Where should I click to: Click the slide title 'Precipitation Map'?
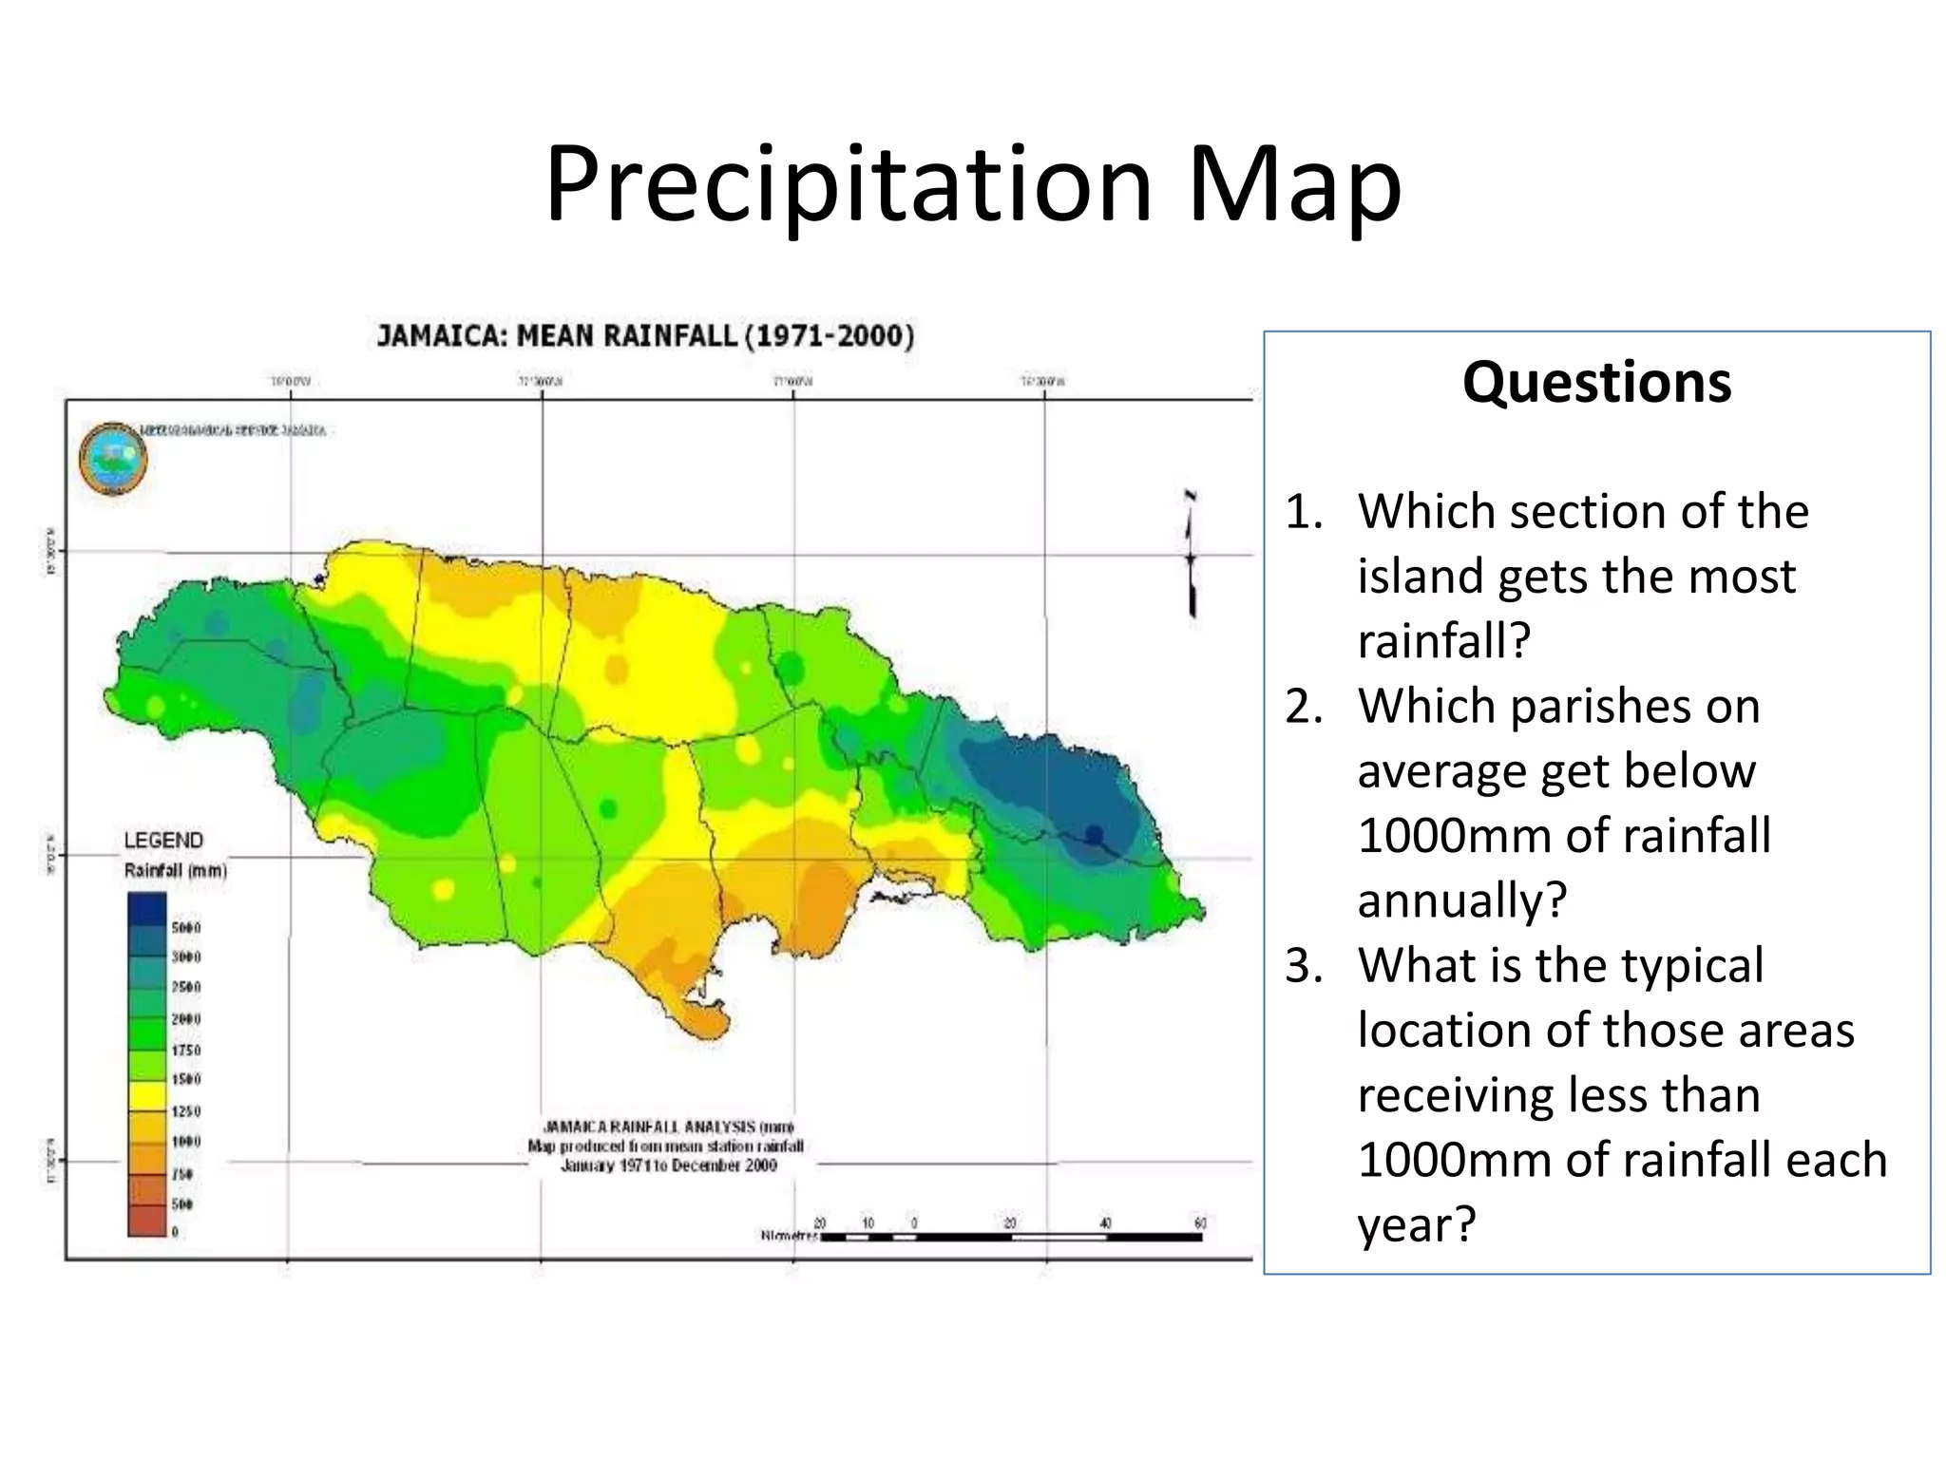973,185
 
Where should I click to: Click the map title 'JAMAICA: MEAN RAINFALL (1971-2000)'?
645,336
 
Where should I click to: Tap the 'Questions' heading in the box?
1596,382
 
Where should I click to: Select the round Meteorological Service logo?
113,460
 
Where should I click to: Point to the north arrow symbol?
1191,556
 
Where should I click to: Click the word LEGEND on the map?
163,841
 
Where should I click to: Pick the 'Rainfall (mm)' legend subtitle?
176,871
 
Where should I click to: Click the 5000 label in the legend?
186,927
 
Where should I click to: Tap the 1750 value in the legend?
186,1050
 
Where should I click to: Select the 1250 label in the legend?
186,1110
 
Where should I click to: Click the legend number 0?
175,1232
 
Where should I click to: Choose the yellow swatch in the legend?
147,1095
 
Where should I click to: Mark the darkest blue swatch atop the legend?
147,909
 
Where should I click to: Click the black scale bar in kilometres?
1011,1237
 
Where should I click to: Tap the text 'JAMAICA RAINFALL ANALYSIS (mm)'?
668,1127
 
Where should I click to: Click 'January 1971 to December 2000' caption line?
668,1165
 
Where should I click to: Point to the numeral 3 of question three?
1303,967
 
